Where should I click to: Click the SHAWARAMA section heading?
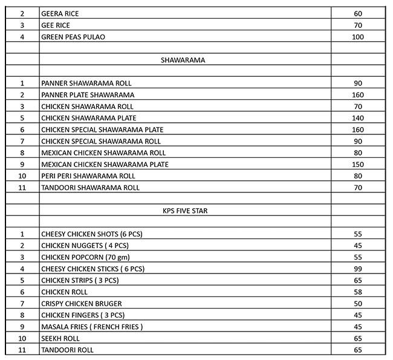coord(183,60)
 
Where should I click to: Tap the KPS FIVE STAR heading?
coord(186,211)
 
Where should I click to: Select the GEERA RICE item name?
coord(60,13)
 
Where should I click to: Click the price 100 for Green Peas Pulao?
coord(358,37)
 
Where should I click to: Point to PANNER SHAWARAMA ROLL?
coord(86,83)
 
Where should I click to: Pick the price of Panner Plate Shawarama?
coord(358,95)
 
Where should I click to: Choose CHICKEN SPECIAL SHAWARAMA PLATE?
coord(102,129)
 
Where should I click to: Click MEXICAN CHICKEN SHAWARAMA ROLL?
coord(103,153)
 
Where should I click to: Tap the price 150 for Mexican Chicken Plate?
coord(358,165)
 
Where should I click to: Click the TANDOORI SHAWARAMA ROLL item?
coord(90,188)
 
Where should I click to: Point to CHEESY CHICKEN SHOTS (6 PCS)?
coord(92,234)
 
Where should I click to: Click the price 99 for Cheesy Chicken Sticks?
coord(358,269)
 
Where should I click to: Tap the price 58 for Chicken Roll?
coord(358,292)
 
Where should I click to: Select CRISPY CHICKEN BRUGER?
coord(82,303)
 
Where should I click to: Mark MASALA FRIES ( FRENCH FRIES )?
coord(92,327)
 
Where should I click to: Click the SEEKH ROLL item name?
coord(60,338)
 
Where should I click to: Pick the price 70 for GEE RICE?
coord(358,25)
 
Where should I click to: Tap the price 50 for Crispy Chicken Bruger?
coord(358,303)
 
